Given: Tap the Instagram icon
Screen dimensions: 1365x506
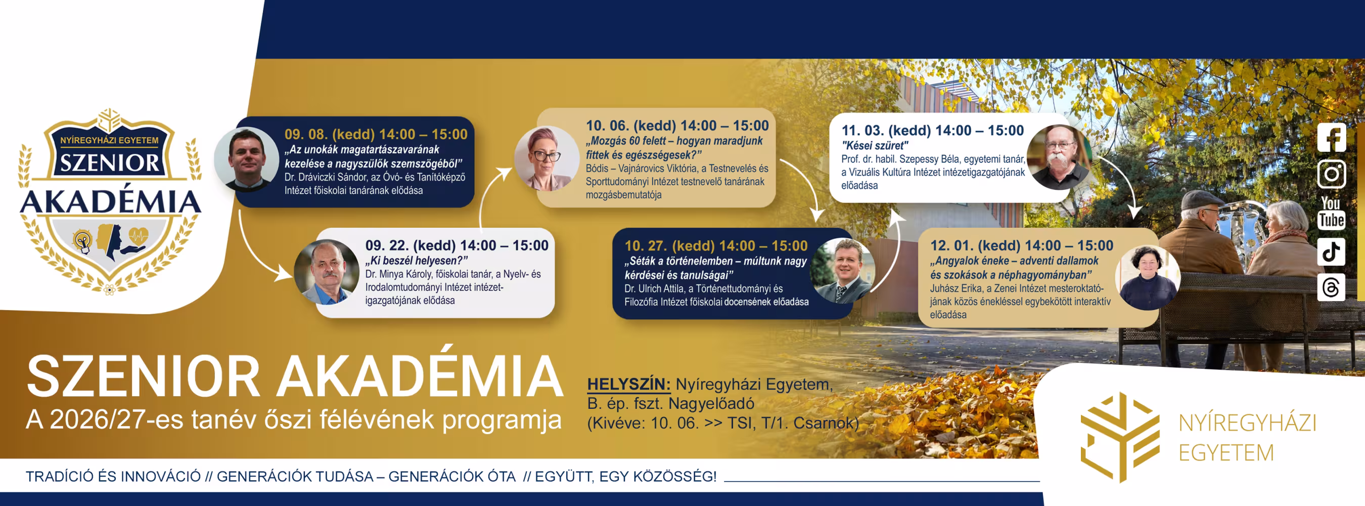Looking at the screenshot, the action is click(x=1331, y=174).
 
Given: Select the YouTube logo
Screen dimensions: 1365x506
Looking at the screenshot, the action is click(x=1331, y=213).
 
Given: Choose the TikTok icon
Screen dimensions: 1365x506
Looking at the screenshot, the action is click(x=1331, y=251).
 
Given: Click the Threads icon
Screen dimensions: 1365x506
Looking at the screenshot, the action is click(x=1331, y=287).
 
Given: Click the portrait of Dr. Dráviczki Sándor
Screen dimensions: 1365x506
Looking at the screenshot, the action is click(x=246, y=159).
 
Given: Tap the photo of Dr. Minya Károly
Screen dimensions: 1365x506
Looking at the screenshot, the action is click(x=327, y=272).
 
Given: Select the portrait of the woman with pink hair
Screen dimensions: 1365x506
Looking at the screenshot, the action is click(x=547, y=158).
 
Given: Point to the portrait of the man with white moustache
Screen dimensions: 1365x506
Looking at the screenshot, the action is click(x=1059, y=157).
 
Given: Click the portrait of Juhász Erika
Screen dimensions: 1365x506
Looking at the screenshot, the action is click(x=1147, y=277).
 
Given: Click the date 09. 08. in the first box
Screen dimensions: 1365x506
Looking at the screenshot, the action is click(x=306, y=134).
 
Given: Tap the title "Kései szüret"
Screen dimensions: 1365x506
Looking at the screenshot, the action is click(x=875, y=145).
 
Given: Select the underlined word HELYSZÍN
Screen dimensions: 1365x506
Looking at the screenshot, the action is click(x=628, y=384).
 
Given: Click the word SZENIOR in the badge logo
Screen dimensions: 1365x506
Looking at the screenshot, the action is click(x=109, y=163).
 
